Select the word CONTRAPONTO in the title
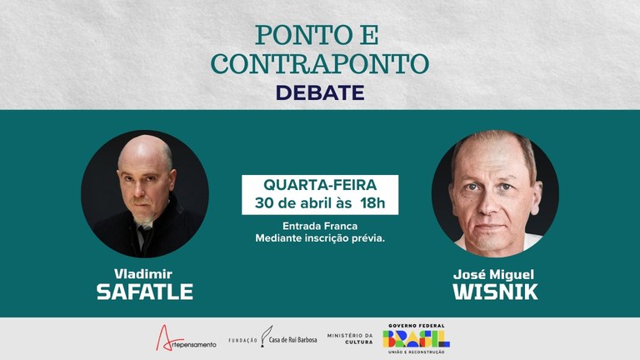tap(320, 65)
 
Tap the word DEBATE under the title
tap(320, 92)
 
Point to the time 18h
tap(373, 203)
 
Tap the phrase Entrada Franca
tap(320, 225)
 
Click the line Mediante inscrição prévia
tap(320, 239)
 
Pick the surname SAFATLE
tap(145, 292)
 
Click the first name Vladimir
tap(145, 273)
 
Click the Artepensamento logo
tap(187, 338)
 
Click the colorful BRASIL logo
tap(416, 338)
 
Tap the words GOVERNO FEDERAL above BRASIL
tap(416, 326)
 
